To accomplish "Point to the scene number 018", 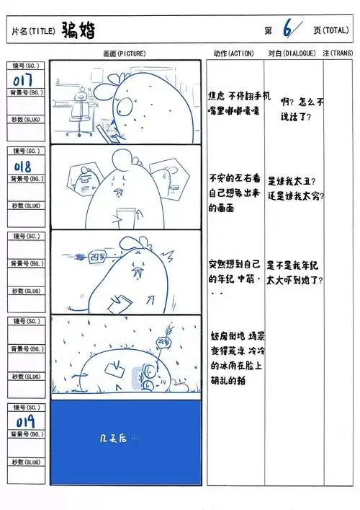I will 23,167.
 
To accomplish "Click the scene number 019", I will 24,421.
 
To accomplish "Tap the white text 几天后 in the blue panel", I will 119,438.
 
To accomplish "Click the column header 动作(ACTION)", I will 234,53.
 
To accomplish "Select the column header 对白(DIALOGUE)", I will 292,53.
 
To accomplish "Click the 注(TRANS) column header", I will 338,53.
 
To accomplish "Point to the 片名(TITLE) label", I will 34,32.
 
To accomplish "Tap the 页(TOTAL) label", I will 330,30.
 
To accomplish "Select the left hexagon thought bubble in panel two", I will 84,177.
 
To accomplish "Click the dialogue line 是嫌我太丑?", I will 291,181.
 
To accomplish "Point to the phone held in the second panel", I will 126,217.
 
